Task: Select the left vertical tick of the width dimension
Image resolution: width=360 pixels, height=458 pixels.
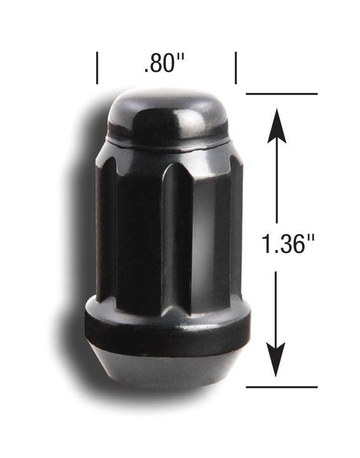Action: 97,68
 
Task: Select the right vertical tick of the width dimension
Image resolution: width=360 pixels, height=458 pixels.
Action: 236,68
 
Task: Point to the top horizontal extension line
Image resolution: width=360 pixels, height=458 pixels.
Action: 281,94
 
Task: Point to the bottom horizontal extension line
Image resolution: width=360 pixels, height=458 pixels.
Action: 281,387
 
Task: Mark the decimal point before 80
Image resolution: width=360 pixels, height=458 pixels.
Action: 146,71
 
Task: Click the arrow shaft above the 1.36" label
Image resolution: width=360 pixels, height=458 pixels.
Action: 277,183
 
